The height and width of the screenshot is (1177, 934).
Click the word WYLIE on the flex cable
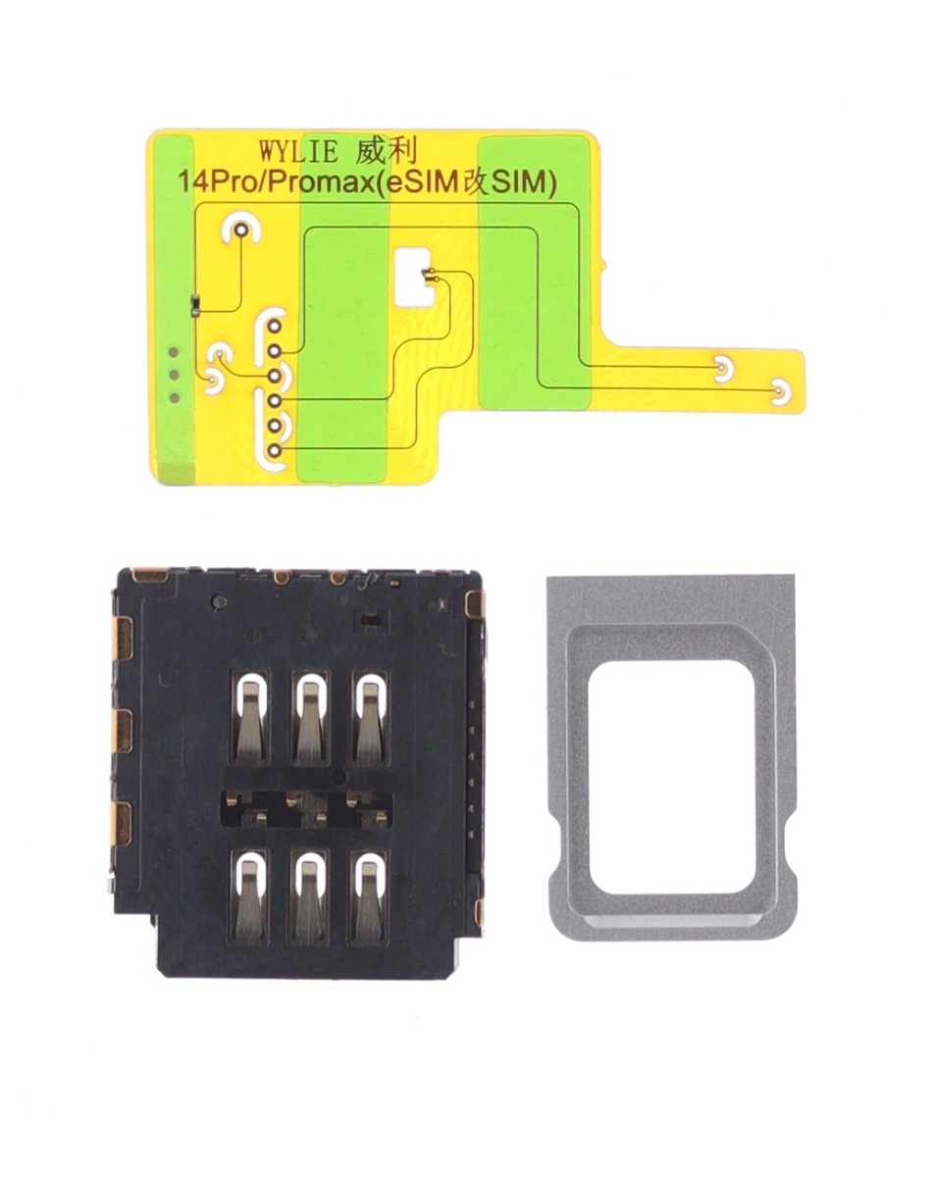point(299,151)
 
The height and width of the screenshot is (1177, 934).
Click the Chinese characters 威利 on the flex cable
point(387,150)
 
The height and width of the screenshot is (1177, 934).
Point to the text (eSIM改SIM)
point(468,183)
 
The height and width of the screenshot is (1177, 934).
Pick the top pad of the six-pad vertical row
point(275,327)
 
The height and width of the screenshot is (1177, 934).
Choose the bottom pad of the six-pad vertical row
point(275,450)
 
